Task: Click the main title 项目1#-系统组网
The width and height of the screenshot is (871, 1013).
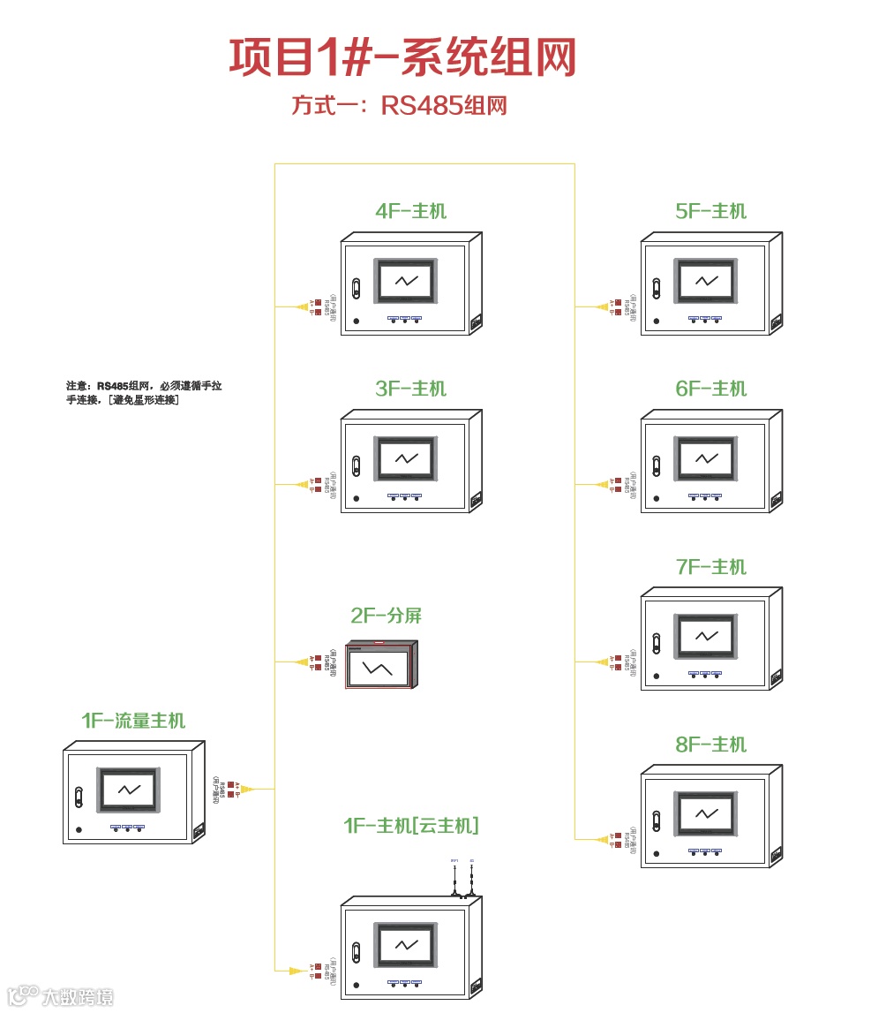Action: [x=402, y=57]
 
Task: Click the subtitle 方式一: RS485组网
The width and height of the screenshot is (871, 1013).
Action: [x=400, y=106]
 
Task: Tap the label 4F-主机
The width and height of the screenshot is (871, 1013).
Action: [x=410, y=211]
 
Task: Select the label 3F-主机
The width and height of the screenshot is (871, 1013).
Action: [x=410, y=389]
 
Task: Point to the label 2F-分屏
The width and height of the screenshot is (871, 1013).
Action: [x=387, y=616]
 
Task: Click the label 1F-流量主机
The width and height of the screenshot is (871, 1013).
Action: [x=133, y=721]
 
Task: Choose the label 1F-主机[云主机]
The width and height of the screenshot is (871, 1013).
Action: [x=411, y=826]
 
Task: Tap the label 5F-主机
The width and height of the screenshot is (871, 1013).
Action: [x=710, y=211]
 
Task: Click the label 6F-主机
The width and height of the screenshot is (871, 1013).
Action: [x=710, y=389]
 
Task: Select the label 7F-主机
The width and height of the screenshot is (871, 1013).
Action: [x=710, y=567]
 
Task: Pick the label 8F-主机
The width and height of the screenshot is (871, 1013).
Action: [x=710, y=745]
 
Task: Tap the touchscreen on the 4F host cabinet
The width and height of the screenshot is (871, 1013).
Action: [x=406, y=282]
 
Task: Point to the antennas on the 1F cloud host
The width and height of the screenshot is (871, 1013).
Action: [x=463, y=877]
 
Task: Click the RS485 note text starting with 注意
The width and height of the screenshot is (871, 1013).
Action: [x=145, y=393]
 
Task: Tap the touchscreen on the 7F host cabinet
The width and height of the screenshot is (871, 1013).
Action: [x=706, y=637]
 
